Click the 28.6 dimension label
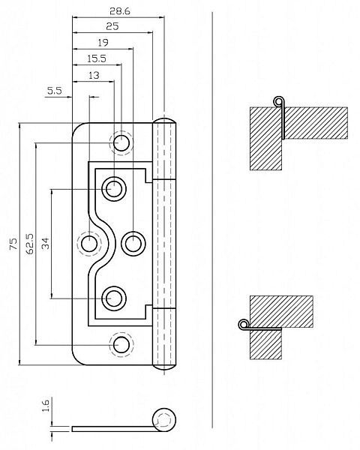pos(120,11)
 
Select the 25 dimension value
pos(112,26)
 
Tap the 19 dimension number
pos(103,43)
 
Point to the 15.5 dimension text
pos(97,58)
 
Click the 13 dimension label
pos(94,76)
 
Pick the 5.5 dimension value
pos(55,91)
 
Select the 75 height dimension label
pos(13,244)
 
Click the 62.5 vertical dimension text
pos(29,244)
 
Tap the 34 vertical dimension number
pos(45,243)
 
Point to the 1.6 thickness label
pos(46,405)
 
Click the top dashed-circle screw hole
pos(121,143)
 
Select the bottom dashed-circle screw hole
pos(121,345)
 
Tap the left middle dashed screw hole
pos(89,244)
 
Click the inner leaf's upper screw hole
pos(114,189)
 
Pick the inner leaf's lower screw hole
pos(114,298)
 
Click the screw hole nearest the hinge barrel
pos(133,244)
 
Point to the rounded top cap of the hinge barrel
pos(164,121)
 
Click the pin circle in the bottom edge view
pos(164,419)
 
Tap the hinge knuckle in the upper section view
pos(278,101)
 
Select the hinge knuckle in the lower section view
pos(244,325)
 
